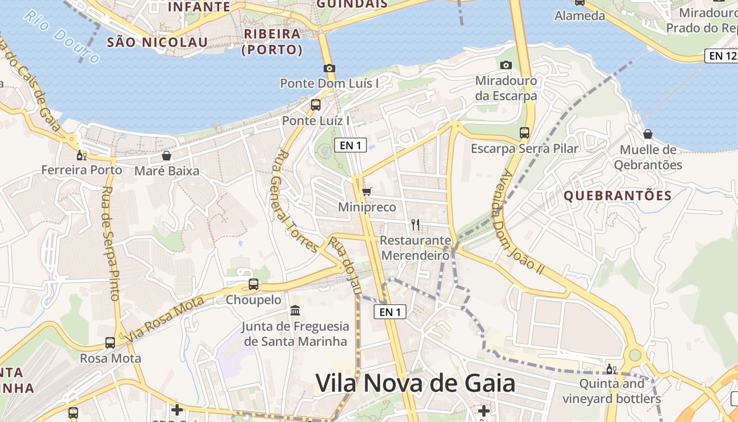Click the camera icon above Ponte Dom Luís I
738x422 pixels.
click(329, 68)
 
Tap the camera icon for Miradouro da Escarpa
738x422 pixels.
click(506, 65)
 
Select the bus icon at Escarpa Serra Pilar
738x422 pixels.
click(525, 132)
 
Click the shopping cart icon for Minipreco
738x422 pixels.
click(367, 191)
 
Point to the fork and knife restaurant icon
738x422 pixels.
click(415, 225)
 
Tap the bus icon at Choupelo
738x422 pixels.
click(254, 284)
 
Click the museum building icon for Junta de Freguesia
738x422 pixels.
click(295, 310)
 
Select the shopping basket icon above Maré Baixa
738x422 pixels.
click(167, 156)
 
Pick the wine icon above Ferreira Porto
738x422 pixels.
click(81, 155)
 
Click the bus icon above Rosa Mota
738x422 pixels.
click(110, 343)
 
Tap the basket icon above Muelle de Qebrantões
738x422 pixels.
click(648, 134)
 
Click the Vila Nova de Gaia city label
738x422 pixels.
click(415, 383)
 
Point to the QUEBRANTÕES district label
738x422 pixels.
click(618, 196)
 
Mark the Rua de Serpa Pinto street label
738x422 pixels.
click(112, 243)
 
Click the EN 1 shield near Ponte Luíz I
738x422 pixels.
click(351, 145)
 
